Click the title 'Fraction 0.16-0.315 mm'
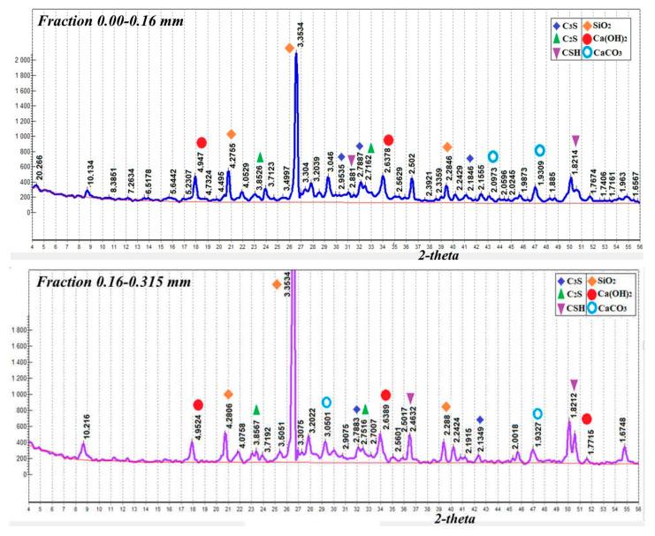click(x=110, y=287)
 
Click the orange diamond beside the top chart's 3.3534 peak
click(x=290, y=49)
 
